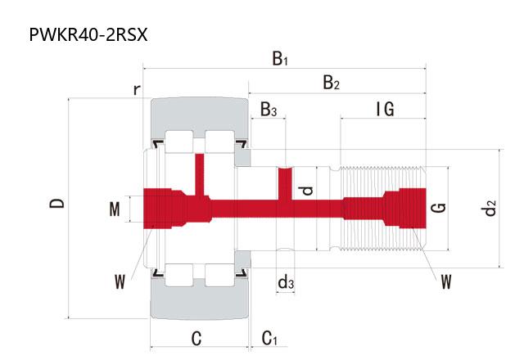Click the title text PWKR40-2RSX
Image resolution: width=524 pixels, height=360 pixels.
(x=88, y=34)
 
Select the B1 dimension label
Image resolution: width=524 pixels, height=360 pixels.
(x=280, y=58)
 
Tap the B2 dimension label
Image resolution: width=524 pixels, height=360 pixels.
(x=331, y=83)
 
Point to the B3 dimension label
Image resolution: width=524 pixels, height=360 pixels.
(x=269, y=109)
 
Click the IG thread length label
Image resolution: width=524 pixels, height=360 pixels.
(x=385, y=109)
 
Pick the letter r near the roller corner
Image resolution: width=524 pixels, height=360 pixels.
(x=137, y=89)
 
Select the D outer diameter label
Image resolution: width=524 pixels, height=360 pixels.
(x=56, y=203)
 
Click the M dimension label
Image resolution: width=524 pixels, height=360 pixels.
(x=115, y=209)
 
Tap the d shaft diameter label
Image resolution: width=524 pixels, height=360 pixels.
(x=307, y=191)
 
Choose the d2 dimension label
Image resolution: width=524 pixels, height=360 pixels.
(x=488, y=208)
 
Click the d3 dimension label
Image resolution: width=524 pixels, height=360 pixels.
(x=286, y=281)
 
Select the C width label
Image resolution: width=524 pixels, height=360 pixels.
(x=196, y=338)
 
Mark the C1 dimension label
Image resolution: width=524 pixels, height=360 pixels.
(x=269, y=338)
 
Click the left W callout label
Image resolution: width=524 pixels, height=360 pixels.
(x=120, y=281)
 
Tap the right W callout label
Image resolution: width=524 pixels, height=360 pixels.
(x=446, y=281)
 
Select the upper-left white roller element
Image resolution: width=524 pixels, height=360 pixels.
(x=178, y=142)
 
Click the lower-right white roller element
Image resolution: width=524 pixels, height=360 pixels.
(x=219, y=275)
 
